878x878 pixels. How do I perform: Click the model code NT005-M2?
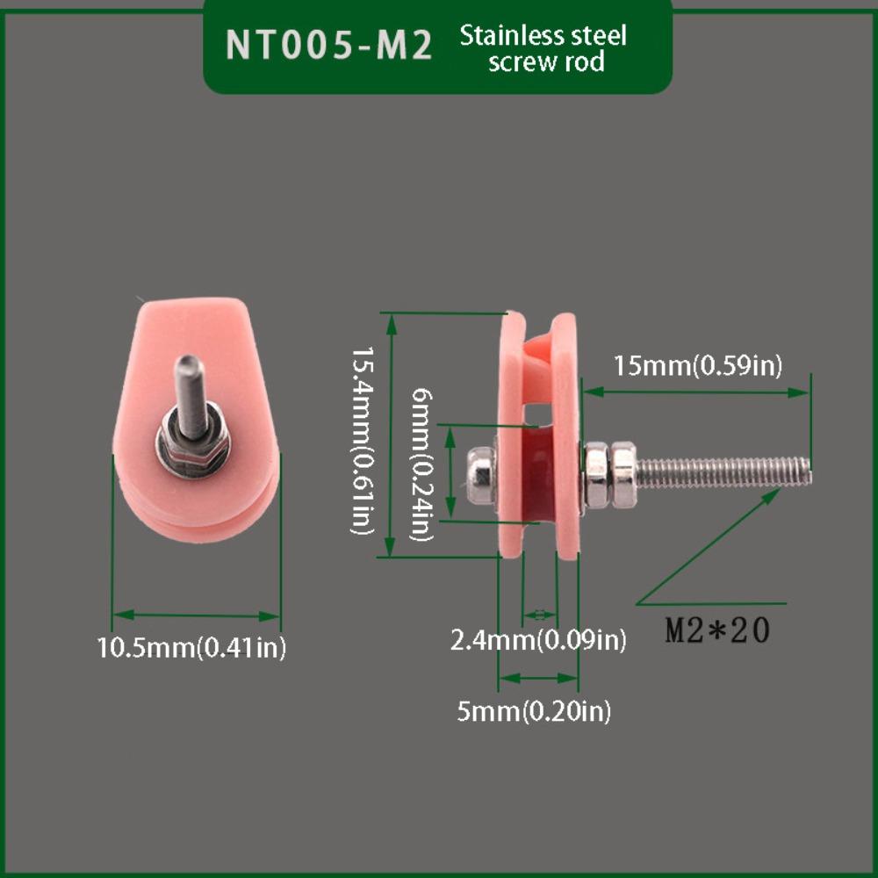(328, 44)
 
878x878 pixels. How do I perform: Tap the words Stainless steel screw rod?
(543, 48)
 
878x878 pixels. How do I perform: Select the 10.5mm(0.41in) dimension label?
(191, 647)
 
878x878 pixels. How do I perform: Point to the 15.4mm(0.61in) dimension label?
(363, 440)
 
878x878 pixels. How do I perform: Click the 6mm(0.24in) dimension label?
(422, 464)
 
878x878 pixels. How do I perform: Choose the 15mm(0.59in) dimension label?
(698, 365)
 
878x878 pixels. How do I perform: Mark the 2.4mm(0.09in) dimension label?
(538, 639)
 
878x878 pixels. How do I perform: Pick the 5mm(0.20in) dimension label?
(534, 711)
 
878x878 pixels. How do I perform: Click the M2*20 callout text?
(718, 630)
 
